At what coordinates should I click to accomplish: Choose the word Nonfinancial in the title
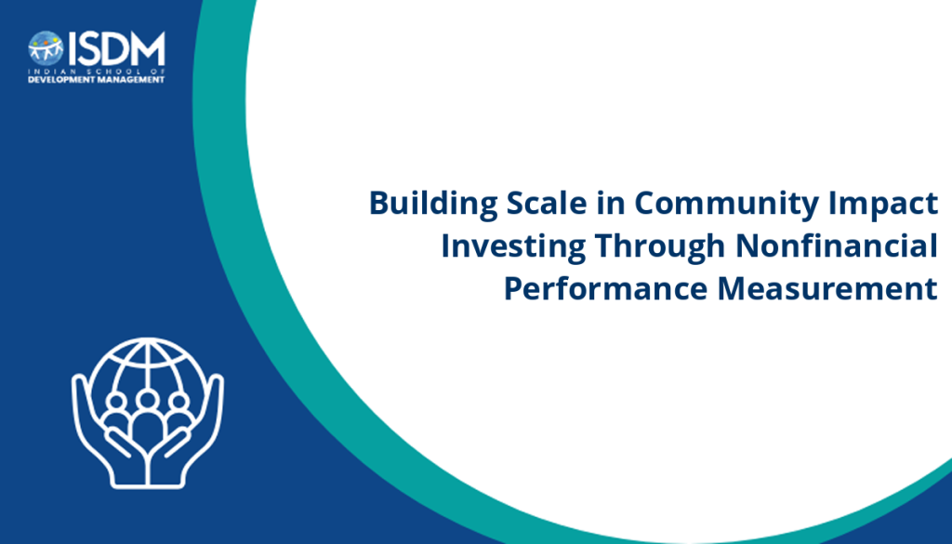pyautogui.click(x=837, y=245)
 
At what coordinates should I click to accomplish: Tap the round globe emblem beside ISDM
pyautogui.click(x=46, y=48)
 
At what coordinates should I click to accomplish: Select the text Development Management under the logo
pyautogui.click(x=97, y=80)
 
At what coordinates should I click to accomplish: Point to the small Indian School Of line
pyautogui.click(x=97, y=71)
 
